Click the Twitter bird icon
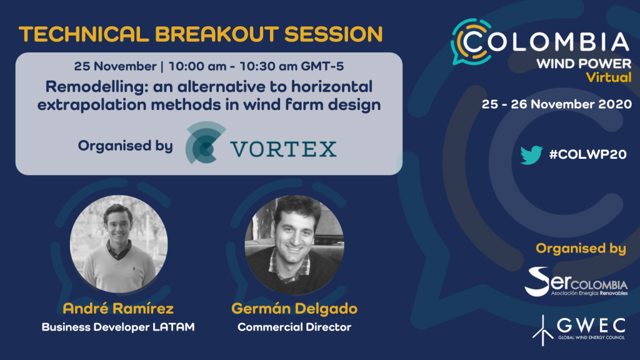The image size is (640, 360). (531, 154)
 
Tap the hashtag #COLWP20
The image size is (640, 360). (587, 154)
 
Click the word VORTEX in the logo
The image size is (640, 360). (284, 149)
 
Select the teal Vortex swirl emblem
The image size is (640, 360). (205, 142)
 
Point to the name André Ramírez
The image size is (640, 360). (118, 308)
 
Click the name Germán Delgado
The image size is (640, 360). (294, 308)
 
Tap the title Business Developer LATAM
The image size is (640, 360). (118, 327)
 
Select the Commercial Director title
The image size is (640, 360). (294, 327)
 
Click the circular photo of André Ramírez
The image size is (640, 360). (119, 244)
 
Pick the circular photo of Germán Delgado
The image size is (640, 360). (294, 245)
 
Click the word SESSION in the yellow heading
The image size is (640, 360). (334, 34)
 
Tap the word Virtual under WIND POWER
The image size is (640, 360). (609, 77)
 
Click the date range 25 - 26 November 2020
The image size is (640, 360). (557, 104)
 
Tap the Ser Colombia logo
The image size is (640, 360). (576, 282)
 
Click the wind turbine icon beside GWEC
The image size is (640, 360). (542, 330)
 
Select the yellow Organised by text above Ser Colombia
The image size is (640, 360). (581, 249)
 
